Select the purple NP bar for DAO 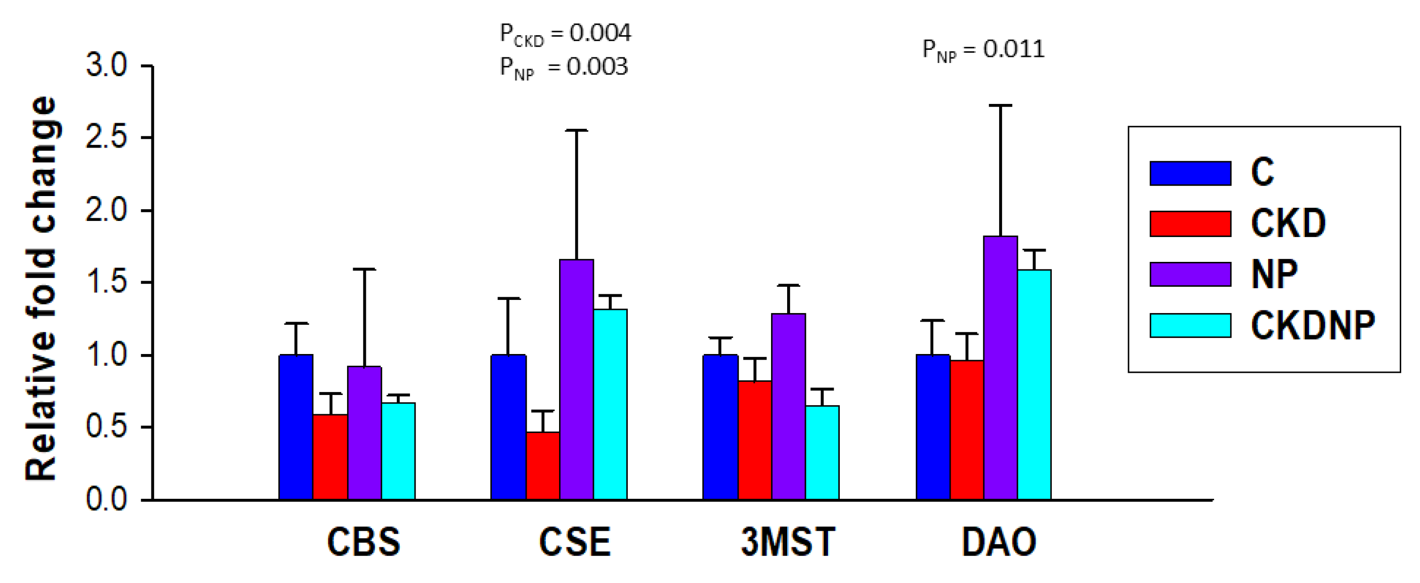coord(1000,368)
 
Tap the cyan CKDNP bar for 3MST coord(822,452)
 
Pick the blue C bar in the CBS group coord(296,427)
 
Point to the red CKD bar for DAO coord(966,430)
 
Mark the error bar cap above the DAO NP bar coord(1000,105)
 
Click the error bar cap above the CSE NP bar coord(576,131)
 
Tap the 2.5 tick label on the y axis coord(106,137)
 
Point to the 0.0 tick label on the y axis coord(106,499)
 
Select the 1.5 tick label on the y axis coord(106,282)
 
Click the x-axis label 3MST coord(788,542)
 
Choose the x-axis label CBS coord(364,542)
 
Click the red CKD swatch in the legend coord(1190,224)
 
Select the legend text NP coord(1274,274)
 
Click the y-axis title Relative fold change coord(41,288)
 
